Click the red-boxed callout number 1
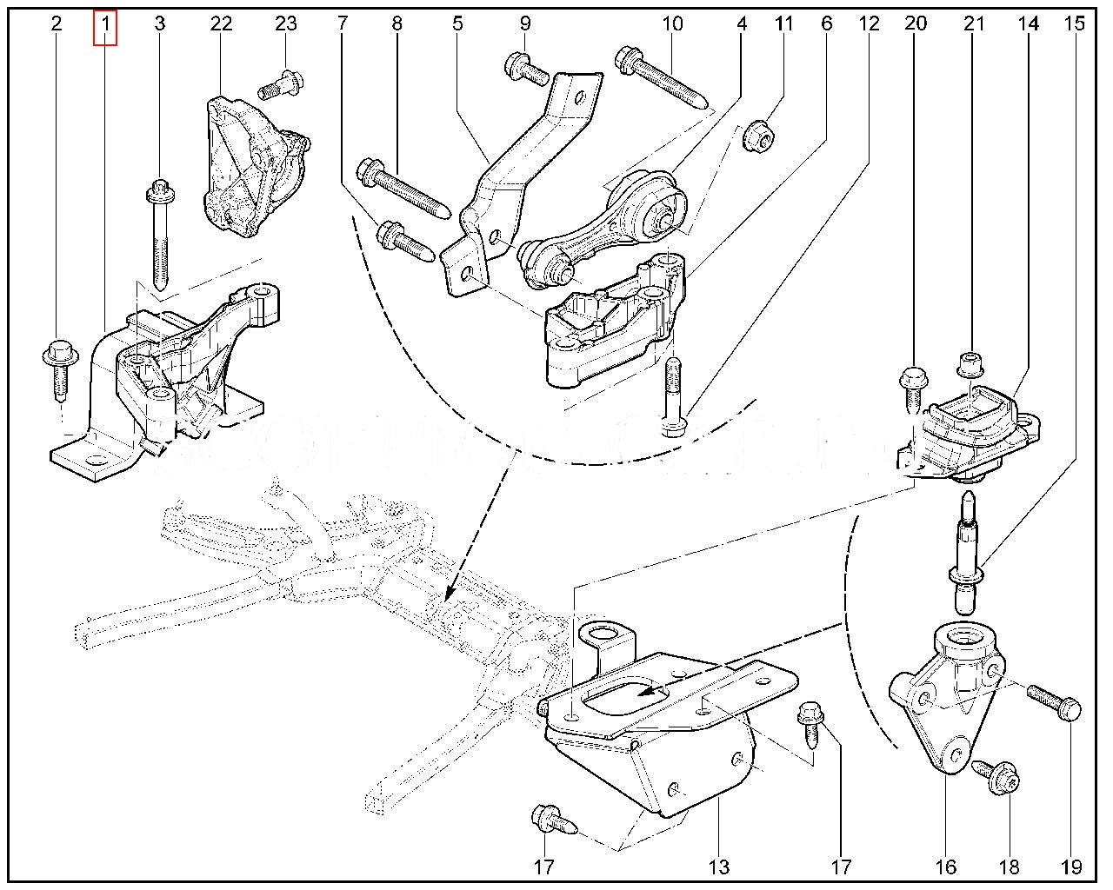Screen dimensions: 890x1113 click(105, 23)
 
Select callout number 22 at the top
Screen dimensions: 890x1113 click(221, 23)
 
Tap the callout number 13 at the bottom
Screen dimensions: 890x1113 click(719, 867)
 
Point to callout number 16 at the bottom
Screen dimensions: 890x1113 click(945, 867)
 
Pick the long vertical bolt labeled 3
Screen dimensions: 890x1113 click(160, 235)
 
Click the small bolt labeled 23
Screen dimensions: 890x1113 click(281, 85)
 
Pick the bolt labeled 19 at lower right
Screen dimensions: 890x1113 click(1055, 701)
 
